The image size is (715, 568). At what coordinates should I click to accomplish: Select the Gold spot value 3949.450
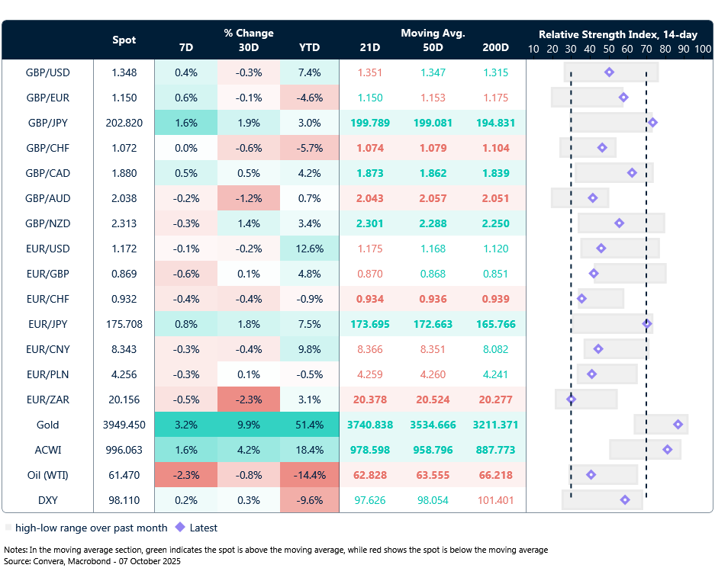click(124, 425)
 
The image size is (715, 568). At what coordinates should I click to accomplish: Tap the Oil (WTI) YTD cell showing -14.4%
click(309, 475)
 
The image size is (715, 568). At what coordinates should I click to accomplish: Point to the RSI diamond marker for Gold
click(678, 425)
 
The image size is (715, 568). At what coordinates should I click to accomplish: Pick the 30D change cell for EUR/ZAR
click(248, 400)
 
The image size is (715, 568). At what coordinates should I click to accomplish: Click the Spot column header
click(124, 40)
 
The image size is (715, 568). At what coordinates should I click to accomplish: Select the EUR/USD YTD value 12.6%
click(309, 249)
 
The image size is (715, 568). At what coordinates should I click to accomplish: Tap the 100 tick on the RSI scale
click(703, 49)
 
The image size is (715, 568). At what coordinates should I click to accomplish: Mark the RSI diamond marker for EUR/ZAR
click(571, 400)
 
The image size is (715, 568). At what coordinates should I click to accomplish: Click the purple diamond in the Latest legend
click(180, 527)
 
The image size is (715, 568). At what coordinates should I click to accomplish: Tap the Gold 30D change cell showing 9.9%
click(248, 425)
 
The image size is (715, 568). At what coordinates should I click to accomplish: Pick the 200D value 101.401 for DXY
click(495, 500)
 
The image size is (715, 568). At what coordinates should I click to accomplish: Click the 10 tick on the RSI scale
click(533, 49)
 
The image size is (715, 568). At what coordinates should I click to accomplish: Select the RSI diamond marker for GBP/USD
click(609, 72)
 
